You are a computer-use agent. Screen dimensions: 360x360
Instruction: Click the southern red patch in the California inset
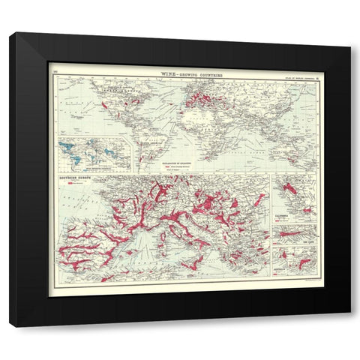pyautogui.click(x=300, y=212)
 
